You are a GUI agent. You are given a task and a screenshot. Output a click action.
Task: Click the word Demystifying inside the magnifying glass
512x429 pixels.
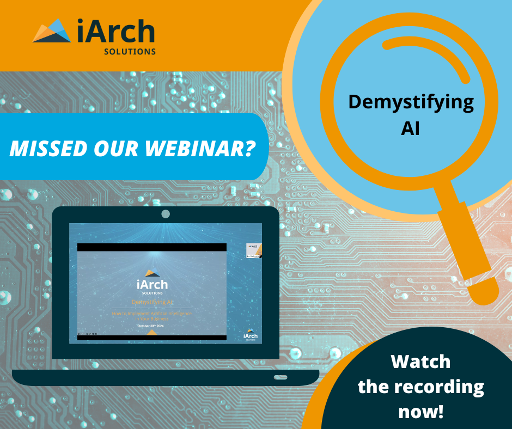coord(411,102)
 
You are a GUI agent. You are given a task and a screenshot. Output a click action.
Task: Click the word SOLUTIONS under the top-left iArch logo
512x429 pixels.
coord(130,52)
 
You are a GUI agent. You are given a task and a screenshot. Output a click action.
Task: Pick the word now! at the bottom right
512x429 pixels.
coord(421,411)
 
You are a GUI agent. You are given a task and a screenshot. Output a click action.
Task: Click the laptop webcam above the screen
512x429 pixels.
coord(166,214)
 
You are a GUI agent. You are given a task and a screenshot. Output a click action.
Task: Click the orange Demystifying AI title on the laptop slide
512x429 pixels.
coord(152,302)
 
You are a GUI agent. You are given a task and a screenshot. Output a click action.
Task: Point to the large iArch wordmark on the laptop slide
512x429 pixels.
coord(152,284)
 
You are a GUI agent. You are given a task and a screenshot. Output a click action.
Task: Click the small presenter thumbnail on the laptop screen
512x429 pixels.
coord(254,250)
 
